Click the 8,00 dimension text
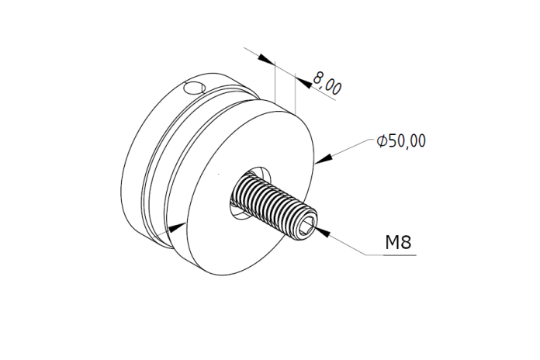[327, 84]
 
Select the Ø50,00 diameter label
[401, 141]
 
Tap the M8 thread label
[398, 242]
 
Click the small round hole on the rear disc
[195, 88]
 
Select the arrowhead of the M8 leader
[323, 232]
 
